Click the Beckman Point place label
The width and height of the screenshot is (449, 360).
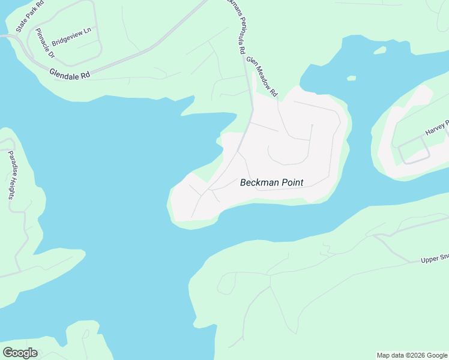click(x=271, y=182)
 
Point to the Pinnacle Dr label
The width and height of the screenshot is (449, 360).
click(x=45, y=43)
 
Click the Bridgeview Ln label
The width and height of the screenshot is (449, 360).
click(x=71, y=37)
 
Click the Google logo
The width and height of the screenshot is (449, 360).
click(x=20, y=352)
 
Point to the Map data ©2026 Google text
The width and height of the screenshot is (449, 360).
click(x=412, y=355)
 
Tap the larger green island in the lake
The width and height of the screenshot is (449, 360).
click(x=379, y=50)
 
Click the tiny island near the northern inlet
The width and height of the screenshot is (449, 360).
click(x=350, y=77)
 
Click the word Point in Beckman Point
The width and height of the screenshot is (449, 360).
click(x=289, y=182)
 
